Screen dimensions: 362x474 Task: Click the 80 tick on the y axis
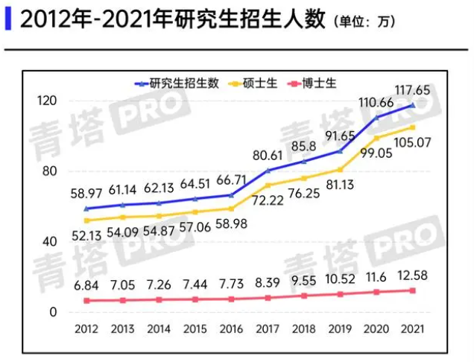pyautogui.click(x=51, y=171)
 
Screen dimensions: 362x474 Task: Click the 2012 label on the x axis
pyautogui.click(x=87, y=329)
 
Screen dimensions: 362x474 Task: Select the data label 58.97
pyautogui.click(x=87, y=193)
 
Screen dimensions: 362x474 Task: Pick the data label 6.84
pyautogui.click(x=87, y=285)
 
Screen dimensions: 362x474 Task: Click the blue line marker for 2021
pyautogui.click(x=414, y=105)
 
